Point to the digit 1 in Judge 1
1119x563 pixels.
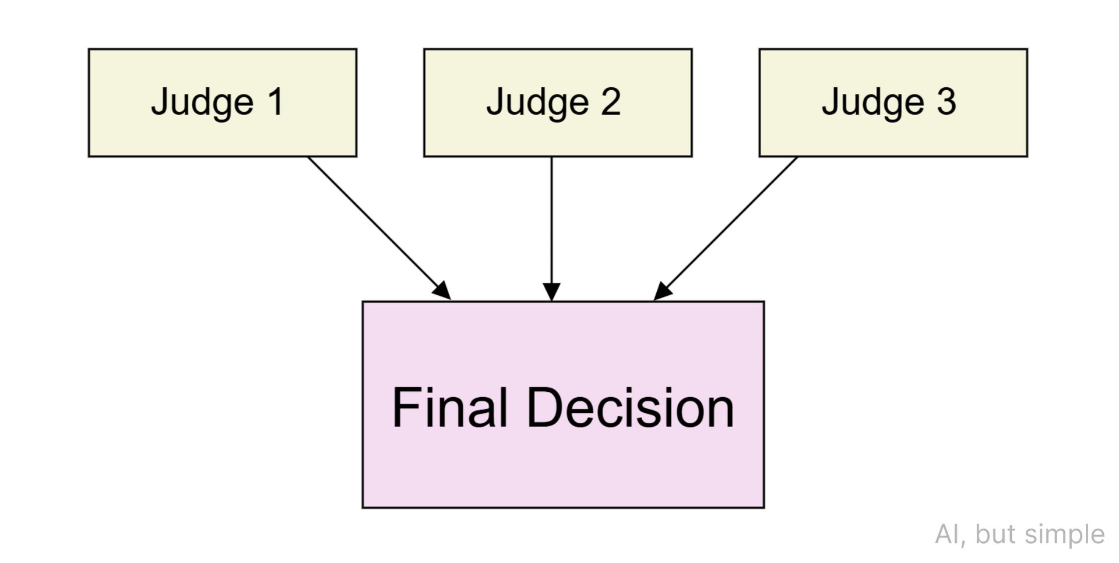[275, 102]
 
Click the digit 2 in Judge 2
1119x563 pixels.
[610, 102]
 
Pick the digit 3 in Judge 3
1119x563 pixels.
[946, 102]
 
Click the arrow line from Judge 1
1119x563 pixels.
[373, 222]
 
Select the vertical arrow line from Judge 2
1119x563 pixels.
[551, 221]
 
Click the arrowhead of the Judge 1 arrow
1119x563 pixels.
[443, 292]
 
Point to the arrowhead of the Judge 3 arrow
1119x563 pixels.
[662, 291]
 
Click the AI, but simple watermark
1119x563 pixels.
[1019, 534]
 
